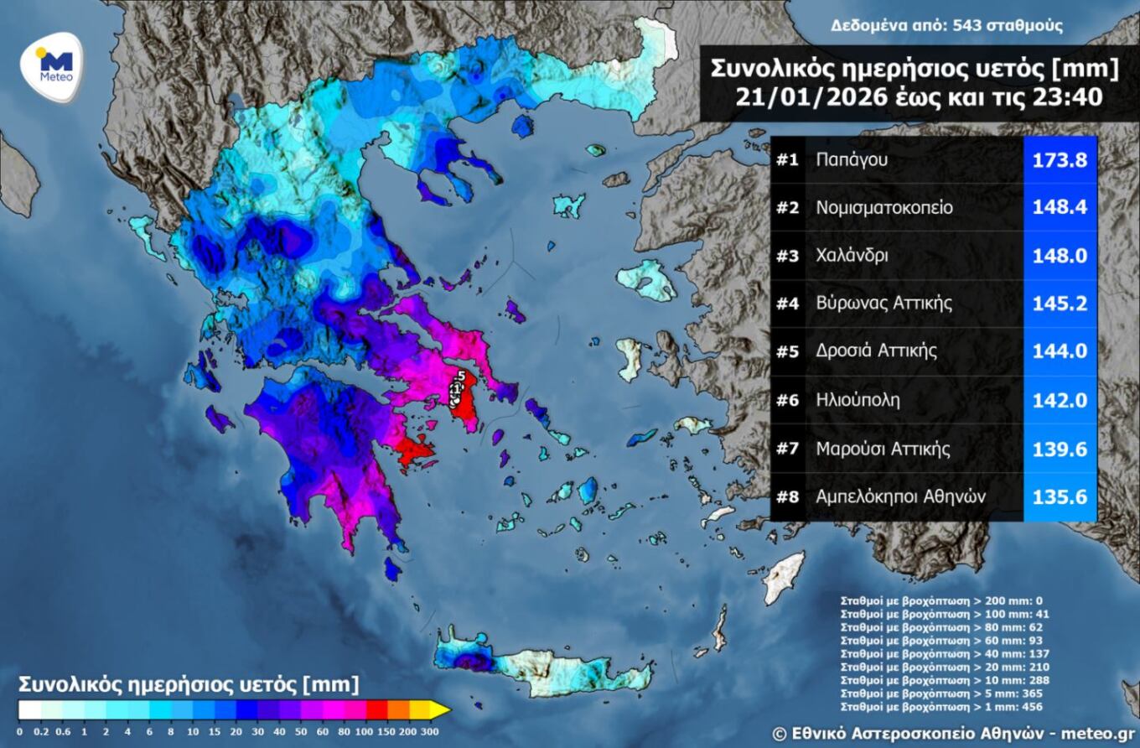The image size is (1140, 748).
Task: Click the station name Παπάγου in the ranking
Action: pos(852,158)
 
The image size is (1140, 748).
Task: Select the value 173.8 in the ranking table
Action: pos(1060,158)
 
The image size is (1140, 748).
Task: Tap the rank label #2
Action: pos(787,207)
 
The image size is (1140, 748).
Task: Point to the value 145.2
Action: pos(1060,304)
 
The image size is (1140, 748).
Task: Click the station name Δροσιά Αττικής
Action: pos(877,351)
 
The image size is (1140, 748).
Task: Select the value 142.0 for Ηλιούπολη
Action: pos(1060,400)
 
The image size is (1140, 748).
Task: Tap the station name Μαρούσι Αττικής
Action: pos(883,449)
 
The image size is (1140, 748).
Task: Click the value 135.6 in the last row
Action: pos(1060,496)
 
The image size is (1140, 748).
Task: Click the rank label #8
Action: pos(787,496)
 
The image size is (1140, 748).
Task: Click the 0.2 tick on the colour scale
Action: pos(39,732)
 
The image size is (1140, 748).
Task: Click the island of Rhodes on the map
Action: pos(783,578)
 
